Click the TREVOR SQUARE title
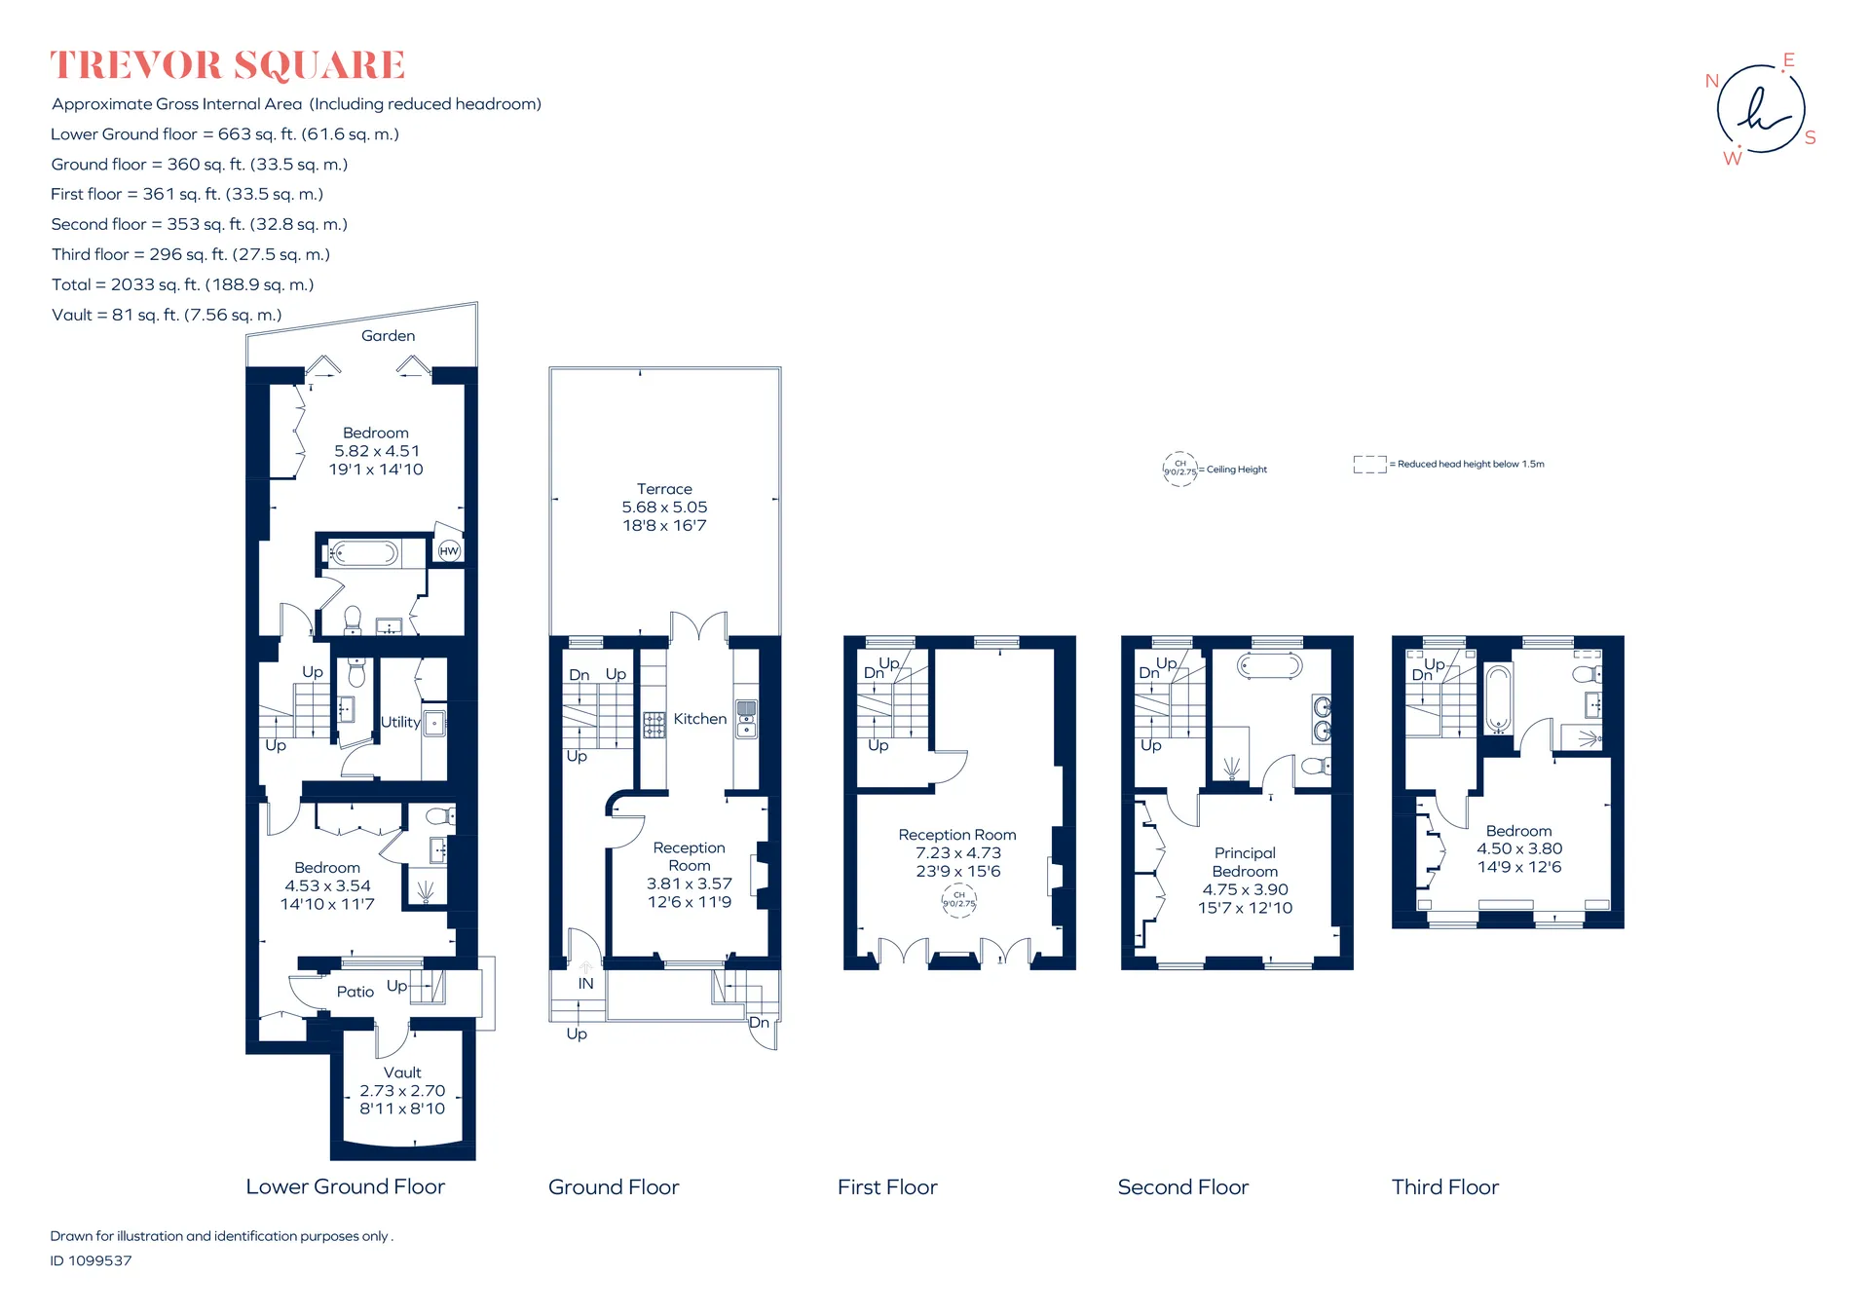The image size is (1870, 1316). pyautogui.click(x=228, y=65)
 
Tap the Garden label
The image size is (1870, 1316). pyautogui.click(x=388, y=336)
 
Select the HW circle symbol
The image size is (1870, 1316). pyautogui.click(x=449, y=551)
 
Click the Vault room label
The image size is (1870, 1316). pyautogui.click(x=402, y=1072)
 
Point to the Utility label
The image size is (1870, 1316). pyautogui.click(x=400, y=722)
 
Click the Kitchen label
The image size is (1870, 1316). pyautogui.click(x=700, y=719)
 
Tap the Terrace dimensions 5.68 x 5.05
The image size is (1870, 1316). pyautogui.click(x=664, y=508)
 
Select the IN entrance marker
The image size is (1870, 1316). pyautogui.click(x=585, y=984)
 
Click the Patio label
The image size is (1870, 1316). pyautogui.click(x=355, y=992)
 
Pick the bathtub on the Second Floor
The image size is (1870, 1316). pyautogui.click(x=1269, y=666)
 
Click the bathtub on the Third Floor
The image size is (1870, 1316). pyautogui.click(x=1498, y=698)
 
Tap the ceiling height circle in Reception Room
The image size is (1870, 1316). pyautogui.click(x=958, y=900)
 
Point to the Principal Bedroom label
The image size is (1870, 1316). pyautogui.click(x=1245, y=862)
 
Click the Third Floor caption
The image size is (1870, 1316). pyautogui.click(x=1445, y=1187)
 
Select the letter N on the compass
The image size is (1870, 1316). pyautogui.click(x=1712, y=81)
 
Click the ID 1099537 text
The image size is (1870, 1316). pyautogui.click(x=91, y=1260)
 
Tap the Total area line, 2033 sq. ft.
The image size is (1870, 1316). pyautogui.click(x=182, y=284)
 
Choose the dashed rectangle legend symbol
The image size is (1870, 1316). pyautogui.click(x=1369, y=465)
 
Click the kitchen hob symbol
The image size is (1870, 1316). pyautogui.click(x=654, y=725)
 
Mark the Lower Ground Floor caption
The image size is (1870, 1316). pyautogui.click(x=345, y=1187)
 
